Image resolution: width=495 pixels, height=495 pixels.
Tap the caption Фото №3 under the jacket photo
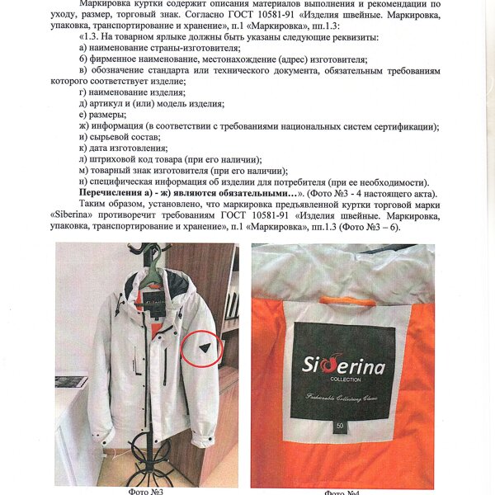click(146, 492)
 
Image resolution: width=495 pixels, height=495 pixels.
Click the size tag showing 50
click(341, 426)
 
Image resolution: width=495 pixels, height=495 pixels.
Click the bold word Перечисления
click(116, 193)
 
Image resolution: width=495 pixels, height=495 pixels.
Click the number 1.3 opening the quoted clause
click(92, 38)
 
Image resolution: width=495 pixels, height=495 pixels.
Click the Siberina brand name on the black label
click(342, 364)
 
